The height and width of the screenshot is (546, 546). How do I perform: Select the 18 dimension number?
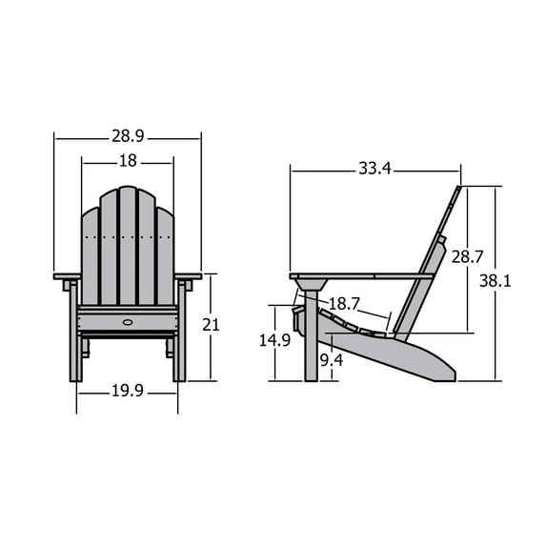tap(128, 162)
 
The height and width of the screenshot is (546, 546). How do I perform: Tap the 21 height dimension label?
tap(211, 325)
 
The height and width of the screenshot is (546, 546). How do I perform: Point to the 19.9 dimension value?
tap(128, 390)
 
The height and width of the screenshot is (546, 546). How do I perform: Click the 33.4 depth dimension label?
tap(374, 170)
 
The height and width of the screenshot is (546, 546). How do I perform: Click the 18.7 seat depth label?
tap(343, 304)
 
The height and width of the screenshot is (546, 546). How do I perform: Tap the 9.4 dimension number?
tap(331, 359)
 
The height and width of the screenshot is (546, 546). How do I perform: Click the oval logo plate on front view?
tap(128, 321)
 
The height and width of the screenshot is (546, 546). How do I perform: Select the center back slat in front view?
tap(128, 246)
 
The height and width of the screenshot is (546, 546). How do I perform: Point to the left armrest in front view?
tap(67, 276)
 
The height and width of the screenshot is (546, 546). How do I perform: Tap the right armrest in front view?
tap(188, 276)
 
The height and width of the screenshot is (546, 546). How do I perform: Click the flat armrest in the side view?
tap(362, 277)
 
